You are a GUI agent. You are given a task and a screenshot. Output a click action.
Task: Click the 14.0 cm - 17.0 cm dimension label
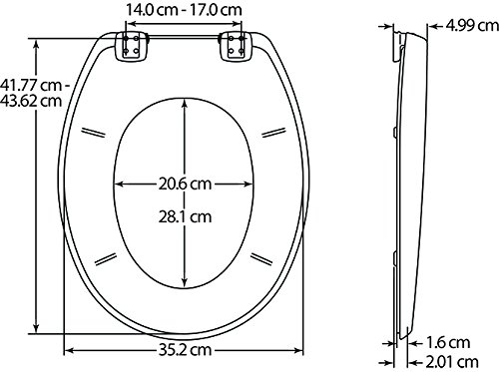[184, 9]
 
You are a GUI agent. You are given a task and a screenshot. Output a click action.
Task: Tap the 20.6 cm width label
[185, 184]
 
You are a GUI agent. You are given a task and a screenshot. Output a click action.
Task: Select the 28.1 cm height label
[185, 216]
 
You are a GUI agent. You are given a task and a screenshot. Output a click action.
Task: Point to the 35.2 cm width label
[185, 350]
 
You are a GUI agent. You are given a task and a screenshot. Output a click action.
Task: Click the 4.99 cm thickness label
[472, 25]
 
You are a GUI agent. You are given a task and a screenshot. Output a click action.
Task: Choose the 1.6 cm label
[448, 343]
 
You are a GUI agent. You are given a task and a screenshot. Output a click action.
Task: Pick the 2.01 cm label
[452, 361]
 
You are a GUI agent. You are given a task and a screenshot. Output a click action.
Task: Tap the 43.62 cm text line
[31, 101]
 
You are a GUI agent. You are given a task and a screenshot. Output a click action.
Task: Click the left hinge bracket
[131, 46]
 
